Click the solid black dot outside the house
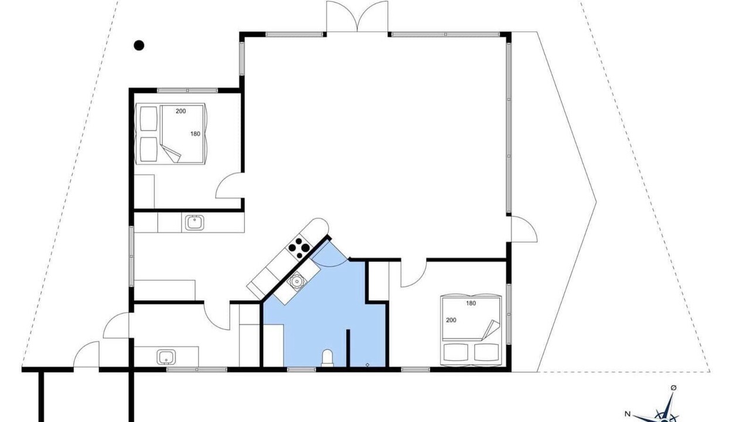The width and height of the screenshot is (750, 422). point(139,45)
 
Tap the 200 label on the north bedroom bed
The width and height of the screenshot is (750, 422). point(181,111)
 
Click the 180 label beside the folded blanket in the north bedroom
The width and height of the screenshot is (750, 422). point(195,134)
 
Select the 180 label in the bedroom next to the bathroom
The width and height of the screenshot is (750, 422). point(471,304)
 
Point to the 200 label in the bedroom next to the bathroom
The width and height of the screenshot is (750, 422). point(451,320)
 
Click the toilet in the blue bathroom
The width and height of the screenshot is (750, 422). point(328,358)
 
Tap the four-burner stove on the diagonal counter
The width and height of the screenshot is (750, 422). point(299,248)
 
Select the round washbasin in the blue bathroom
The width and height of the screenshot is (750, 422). point(296,281)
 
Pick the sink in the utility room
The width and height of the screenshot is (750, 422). point(166,357)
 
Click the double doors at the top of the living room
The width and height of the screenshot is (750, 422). point(357,17)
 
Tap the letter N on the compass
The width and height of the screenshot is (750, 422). point(628,413)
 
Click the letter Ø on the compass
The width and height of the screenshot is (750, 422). point(674,388)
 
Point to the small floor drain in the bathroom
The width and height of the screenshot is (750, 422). point(367,365)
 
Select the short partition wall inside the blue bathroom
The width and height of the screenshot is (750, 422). point(348,348)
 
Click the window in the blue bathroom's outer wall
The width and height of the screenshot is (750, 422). point(302,370)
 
